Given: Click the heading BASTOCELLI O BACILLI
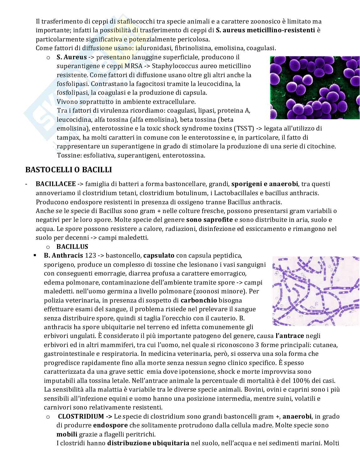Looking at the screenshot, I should tap(68, 170).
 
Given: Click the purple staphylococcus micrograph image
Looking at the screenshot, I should tap(315, 88).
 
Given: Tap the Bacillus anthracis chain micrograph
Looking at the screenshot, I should tap(315, 291).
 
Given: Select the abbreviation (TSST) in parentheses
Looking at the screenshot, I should tap(244, 129).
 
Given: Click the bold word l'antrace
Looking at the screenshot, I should tap(290, 336).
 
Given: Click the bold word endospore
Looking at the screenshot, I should tap(110, 426).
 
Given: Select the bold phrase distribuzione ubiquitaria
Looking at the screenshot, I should tap(148, 443).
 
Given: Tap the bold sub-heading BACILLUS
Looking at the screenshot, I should tap(72, 247).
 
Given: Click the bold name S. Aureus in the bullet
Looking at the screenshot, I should tap(72, 57).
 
